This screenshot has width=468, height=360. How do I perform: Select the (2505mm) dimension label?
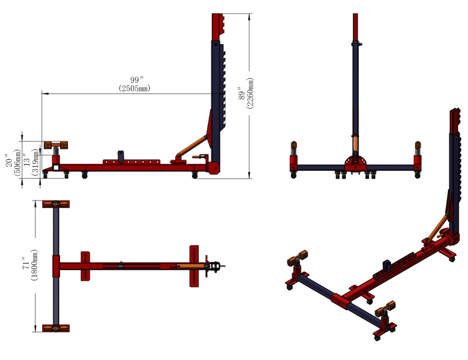pyautogui.click(x=135, y=88)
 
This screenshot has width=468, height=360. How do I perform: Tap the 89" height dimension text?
pyautogui.click(x=241, y=93)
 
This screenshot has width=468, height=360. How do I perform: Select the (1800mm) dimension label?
pyautogui.click(x=35, y=265)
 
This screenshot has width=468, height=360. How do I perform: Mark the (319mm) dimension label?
pyautogui.click(x=35, y=161)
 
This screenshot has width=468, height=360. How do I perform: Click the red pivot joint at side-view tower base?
pyautogui.click(x=214, y=168)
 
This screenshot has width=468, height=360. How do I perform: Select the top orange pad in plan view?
pyautogui.click(x=56, y=204)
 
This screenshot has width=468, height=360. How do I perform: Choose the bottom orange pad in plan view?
pyautogui.click(x=56, y=328)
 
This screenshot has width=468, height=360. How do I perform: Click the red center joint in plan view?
pyautogui.click(x=56, y=266)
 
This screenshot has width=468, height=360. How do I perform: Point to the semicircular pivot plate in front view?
pyautogui.click(x=356, y=162)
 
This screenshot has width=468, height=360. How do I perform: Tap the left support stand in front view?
pyautogui.click(x=293, y=159)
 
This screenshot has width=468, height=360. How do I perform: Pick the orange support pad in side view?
pyautogui.click(x=56, y=145)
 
